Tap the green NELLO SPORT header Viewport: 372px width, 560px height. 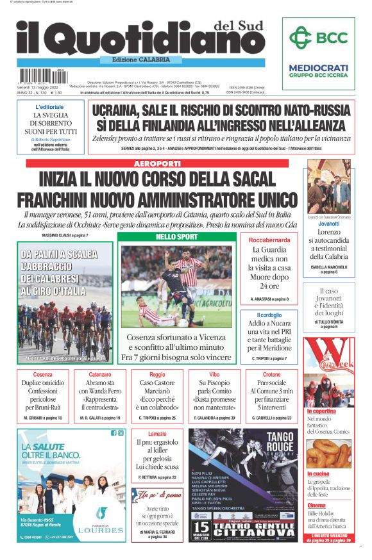coord(177,237)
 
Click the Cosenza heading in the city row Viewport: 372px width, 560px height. coord(43,374)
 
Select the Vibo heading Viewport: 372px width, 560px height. coord(214,374)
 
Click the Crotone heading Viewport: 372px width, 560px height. coord(271,374)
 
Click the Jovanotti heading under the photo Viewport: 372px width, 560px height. coord(328,224)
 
